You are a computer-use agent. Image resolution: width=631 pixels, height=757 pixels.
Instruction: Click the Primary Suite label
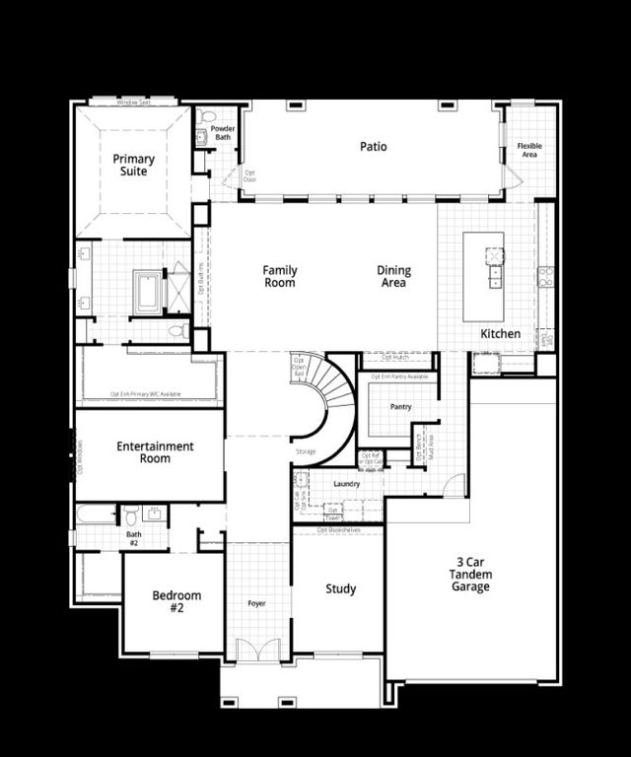tap(133, 165)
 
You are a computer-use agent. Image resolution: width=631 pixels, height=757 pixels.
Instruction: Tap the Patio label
tap(373, 147)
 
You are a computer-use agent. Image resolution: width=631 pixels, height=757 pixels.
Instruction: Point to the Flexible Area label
tap(529, 150)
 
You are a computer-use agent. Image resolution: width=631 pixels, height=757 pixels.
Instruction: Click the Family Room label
tap(280, 276)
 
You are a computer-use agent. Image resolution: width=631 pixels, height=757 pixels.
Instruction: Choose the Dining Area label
tap(393, 276)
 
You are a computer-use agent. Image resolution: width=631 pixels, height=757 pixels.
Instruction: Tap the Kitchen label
tap(500, 334)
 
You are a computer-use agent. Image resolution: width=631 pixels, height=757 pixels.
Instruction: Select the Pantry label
tap(400, 406)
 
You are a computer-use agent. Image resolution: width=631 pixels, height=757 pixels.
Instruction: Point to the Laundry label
tap(346, 484)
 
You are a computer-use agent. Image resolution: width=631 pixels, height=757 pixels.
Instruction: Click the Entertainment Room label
tap(155, 452)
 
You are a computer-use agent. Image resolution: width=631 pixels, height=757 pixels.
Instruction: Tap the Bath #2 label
tap(133, 538)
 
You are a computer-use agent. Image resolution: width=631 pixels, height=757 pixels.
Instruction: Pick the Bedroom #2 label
tap(176, 601)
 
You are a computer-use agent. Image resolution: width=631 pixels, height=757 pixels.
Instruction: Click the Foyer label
tap(256, 603)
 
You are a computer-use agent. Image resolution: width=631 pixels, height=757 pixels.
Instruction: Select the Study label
tap(341, 589)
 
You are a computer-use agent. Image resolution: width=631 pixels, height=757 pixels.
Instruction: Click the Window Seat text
tap(133, 102)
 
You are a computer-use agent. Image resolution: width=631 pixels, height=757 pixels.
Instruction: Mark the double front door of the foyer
tap(256, 652)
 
